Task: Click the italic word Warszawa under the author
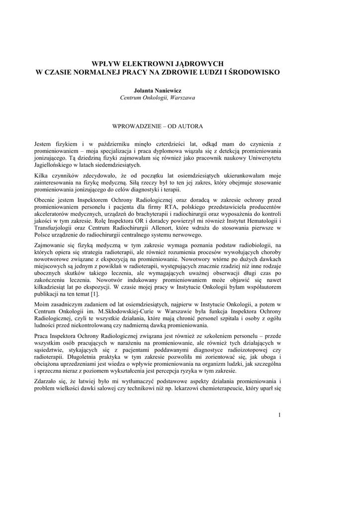pyautogui.click(x=183, y=98)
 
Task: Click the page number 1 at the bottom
pyautogui.click(x=280, y=415)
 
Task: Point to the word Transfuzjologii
pyautogui.click(x=56, y=227)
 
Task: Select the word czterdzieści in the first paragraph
pyautogui.click(x=169, y=143)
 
